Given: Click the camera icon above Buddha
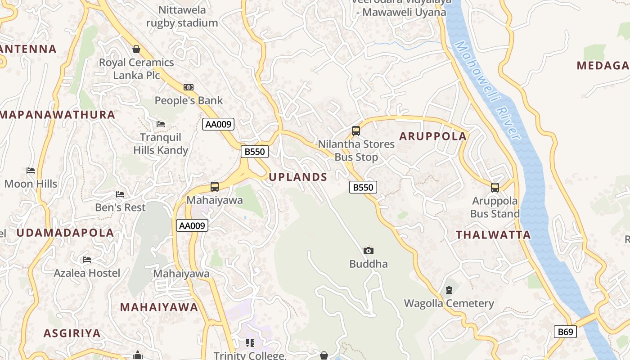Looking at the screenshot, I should pyautogui.click(x=368, y=251).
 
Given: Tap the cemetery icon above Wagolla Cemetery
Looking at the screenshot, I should pyautogui.click(x=449, y=290).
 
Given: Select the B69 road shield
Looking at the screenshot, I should pyautogui.click(x=565, y=332).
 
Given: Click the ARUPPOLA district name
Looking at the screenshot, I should pyautogui.click(x=433, y=136).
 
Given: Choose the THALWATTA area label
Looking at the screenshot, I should pyautogui.click(x=493, y=235).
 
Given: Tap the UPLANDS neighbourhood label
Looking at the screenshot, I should pyautogui.click(x=298, y=177).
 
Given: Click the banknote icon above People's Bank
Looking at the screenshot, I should pyautogui.click(x=189, y=87).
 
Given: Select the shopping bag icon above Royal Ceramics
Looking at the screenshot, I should pyautogui.click(x=136, y=49).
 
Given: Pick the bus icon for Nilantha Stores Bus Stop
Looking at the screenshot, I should pyautogui.click(x=356, y=131).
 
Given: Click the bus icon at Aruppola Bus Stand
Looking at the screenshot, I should pyautogui.click(x=495, y=188).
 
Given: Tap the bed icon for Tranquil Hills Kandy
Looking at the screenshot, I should pyautogui.click(x=161, y=124).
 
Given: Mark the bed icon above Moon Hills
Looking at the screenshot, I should pyautogui.click(x=31, y=171).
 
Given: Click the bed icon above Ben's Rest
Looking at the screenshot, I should pyautogui.click(x=120, y=194).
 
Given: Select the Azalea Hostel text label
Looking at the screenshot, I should pyautogui.click(x=87, y=273).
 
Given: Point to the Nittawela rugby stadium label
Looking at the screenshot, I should pyautogui.click(x=182, y=16).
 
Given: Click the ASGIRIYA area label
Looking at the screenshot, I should pyautogui.click(x=72, y=333).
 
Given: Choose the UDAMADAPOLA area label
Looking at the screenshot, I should pyautogui.click(x=65, y=233).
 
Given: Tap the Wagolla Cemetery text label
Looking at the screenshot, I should pyautogui.click(x=449, y=304).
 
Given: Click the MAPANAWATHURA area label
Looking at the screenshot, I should pyautogui.click(x=57, y=115).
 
